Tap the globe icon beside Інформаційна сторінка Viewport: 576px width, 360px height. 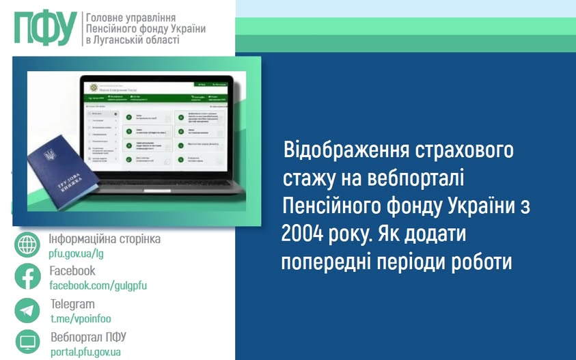(27, 245)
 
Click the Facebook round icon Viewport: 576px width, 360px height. (27, 277)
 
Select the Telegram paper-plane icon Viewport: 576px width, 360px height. (27, 310)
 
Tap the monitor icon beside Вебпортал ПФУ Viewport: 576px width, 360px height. (27, 342)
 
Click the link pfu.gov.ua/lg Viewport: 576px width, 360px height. (76, 253)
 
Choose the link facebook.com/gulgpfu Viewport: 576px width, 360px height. (98, 286)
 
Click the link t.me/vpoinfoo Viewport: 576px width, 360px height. (81, 318)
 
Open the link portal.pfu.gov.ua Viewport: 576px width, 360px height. (85, 352)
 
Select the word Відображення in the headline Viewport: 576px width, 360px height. (347, 150)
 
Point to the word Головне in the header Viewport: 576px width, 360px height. (105, 16)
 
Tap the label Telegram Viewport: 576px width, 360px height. (72, 305)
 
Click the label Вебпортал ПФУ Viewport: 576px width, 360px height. (88, 337)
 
